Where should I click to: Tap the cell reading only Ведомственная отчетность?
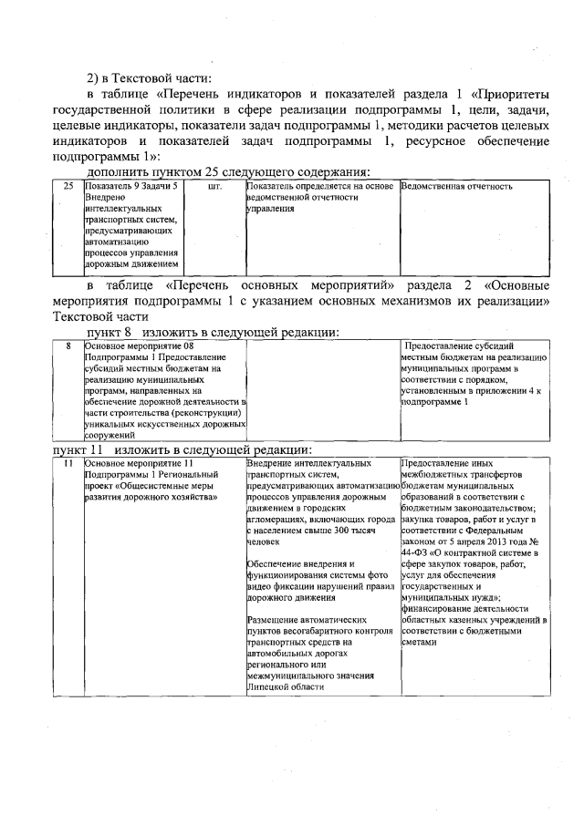456,186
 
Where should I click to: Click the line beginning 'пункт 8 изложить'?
213,333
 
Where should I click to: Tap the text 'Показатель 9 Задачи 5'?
130,186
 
